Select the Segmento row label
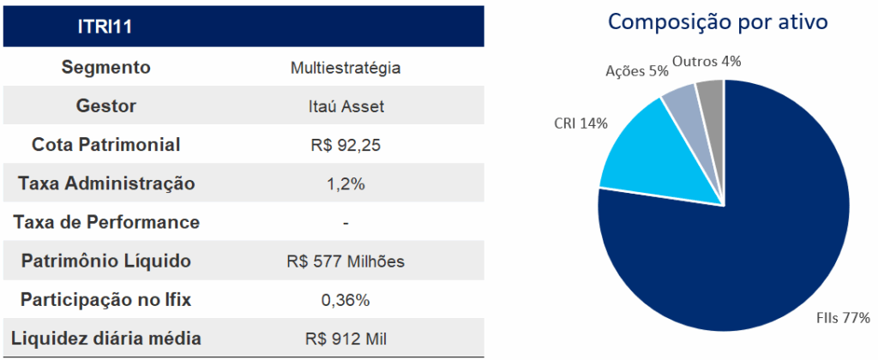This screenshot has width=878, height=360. pyautogui.click(x=105, y=67)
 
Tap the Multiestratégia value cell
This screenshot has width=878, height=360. pyautogui.click(x=346, y=68)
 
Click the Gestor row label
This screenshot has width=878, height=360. pyautogui.click(x=105, y=106)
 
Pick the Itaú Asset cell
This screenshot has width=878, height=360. pyautogui.click(x=346, y=107)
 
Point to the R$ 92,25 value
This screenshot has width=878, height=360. pyautogui.click(x=346, y=146)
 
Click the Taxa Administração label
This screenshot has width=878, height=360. pyautogui.click(x=105, y=183)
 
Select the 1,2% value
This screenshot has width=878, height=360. pyautogui.click(x=346, y=184)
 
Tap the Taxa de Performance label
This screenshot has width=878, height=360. pyautogui.click(x=106, y=223)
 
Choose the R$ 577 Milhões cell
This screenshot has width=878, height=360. pyautogui.click(x=346, y=261)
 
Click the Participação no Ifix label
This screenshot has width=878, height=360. pyautogui.click(x=105, y=300)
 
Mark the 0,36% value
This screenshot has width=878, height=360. pyautogui.click(x=346, y=301)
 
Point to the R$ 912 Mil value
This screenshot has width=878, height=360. pyautogui.click(x=346, y=339)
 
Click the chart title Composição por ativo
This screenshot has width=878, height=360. pyautogui.click(x=718, y=22)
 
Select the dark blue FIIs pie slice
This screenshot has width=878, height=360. pyautogui.click(x=746, y=249)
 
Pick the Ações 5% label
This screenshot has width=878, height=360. pyautogui.click(x=636, y=71)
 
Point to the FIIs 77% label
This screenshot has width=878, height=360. pyautogui.click(x=842, y=319)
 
